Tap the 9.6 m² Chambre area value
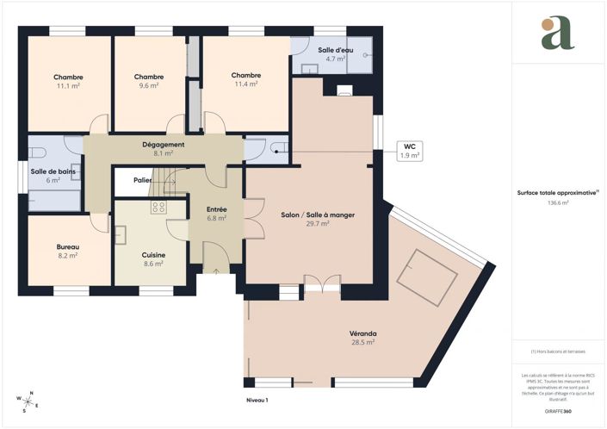pos(149,86)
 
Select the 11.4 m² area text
pos(245,84)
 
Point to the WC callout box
pos(409,152)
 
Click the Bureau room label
pos(68,246)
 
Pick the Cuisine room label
pos(153,255)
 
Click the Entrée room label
pos(217,209)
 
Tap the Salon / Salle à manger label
pos(319,214)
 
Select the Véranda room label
pos(363,333)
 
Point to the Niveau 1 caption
pos(256,401)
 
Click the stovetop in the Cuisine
pos(158,207)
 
